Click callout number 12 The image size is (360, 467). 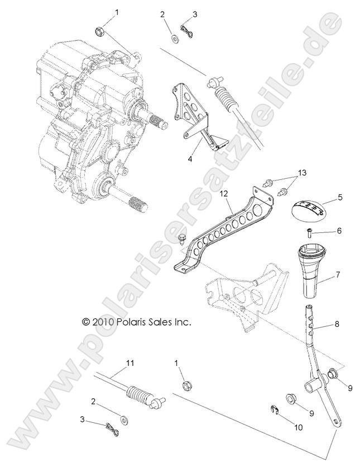click(x=224, y=193)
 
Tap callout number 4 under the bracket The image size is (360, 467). click(x=190, y=159)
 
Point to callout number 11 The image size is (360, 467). click(x=130, y=363)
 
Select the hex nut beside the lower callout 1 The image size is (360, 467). click(x=186, y=385)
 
